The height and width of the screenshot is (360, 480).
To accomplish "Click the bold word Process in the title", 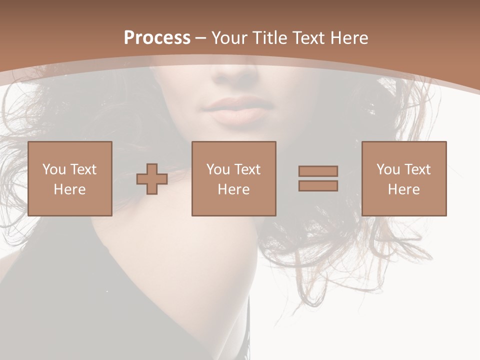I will (x=157, y=38).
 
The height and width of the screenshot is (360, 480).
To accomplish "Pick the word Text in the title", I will (x=307, y=38).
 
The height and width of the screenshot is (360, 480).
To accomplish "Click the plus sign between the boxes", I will (x=152, y=179).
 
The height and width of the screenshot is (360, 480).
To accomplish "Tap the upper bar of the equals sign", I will (x=318, y=171).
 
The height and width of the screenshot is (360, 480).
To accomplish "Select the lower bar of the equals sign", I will (x=318, y=185).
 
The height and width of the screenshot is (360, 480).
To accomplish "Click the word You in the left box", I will (x=54, y=169).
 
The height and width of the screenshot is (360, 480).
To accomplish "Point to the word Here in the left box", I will (x=69, y=189).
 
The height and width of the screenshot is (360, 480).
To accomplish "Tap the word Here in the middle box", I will (x=233, y=189).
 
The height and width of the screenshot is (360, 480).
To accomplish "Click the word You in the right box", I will (x=388, y=169).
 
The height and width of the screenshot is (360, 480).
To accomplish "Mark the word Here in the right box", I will (x=403, y=189).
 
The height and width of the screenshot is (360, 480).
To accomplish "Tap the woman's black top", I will (x=100, y=310).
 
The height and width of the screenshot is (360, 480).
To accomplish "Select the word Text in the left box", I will (x=83, y=169).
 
